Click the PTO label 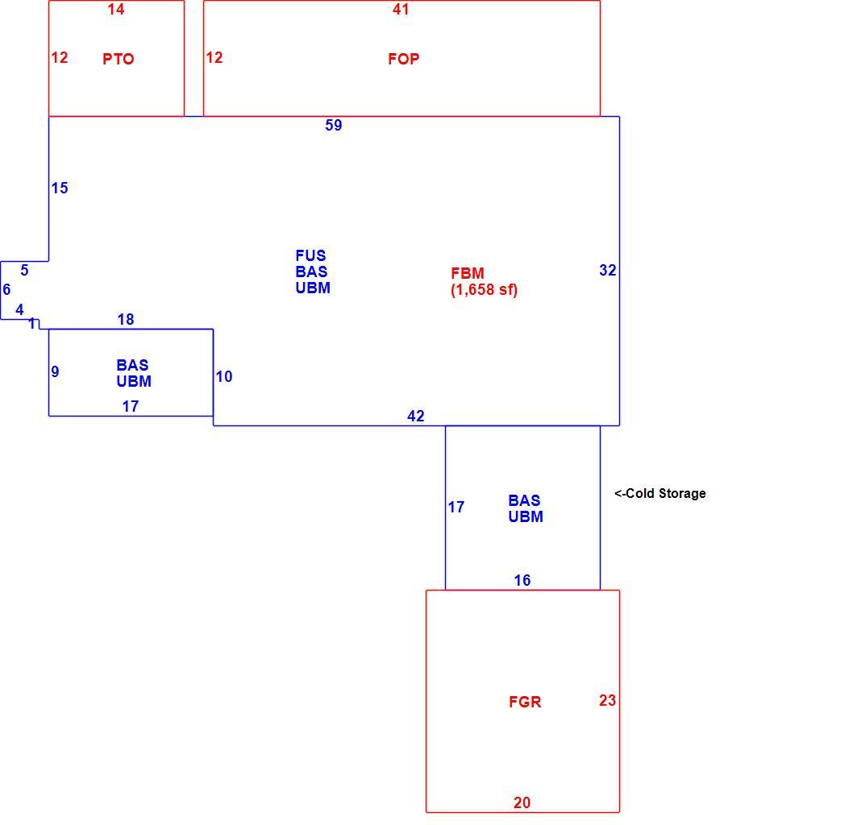(x=118, y=59)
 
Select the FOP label (x=404, y=59)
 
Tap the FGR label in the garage (x=525, y=702)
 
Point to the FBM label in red (x=468, y=273)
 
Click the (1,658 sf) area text (x=484, y=290)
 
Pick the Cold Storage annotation (x=660, y=494)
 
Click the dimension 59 (x=334, y=125)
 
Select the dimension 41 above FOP (x=401, y=9)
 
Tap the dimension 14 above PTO (x=116, y=9)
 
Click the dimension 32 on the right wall (x=608, y=270)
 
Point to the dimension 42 (x=416, y=416)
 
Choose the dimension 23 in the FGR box (x=608, y=700)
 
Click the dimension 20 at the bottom (x=522, y=802)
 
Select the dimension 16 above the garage (x=522, y=580)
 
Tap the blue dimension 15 (x=60, y=188)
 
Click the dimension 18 (x=126, y=319)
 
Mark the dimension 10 (x=224, y=376)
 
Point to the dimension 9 (x=55, y=371)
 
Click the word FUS (x=310, y=255)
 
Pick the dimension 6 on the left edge (x=6, y=289)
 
